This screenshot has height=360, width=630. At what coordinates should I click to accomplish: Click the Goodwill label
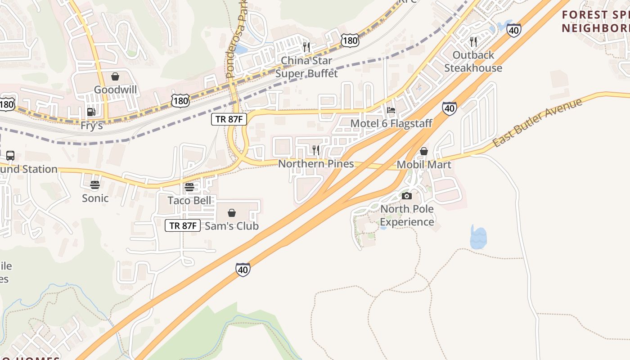(x=115, y=90)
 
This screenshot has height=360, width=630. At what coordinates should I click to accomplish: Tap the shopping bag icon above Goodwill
(x=115, y=76)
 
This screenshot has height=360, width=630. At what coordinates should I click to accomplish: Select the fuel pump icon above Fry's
(x=91, y=112)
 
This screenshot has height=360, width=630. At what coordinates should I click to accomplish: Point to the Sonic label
(x=95, y=198)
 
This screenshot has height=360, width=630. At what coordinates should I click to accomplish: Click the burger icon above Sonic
(x=94, y=185)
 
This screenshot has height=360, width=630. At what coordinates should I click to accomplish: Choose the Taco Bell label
(x=189, y=200)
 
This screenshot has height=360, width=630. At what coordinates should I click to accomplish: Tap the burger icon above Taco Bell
(x=189, y=187)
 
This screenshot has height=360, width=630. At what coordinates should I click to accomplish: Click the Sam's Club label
(x=232, y=226)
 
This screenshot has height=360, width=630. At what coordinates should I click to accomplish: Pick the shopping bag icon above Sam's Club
(x=232, y=213)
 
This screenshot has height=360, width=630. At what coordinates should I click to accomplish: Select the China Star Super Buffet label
(x=306, y=67)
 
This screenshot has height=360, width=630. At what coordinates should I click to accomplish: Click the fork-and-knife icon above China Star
(x=306, y=47)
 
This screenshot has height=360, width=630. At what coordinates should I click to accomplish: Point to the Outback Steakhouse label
(x=473, y=61)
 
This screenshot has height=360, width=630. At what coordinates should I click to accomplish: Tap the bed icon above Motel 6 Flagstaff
(x=391, y=110)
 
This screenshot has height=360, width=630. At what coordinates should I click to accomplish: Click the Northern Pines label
(x=316, y=163)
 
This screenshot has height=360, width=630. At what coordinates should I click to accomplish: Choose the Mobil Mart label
(x=423, y=165)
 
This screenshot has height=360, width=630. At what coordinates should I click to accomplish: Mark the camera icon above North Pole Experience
(x=407, y=196)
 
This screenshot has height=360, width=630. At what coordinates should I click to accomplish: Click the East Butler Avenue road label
(x=537, y=123)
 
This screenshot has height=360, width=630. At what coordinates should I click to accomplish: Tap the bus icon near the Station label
(x=10, y=156)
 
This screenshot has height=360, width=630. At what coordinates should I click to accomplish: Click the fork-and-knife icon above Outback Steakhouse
(x=473, y=42)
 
